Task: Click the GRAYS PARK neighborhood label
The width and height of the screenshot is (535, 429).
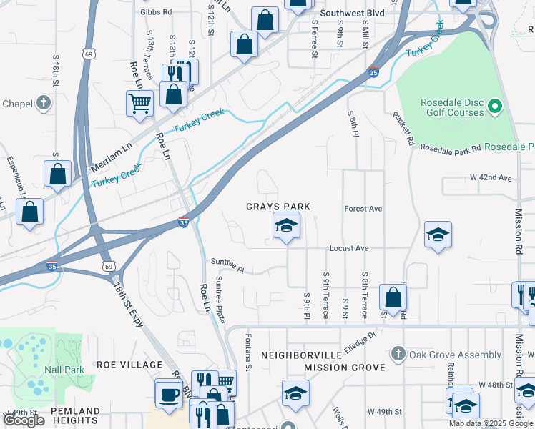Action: pos(278,207)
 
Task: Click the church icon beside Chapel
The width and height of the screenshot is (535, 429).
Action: pos(44,103)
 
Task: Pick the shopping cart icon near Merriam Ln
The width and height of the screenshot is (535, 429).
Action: pos(139,103)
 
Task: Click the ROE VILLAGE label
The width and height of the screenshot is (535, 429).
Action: pos(130,365)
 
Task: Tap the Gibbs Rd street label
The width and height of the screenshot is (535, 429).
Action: pos(157,12)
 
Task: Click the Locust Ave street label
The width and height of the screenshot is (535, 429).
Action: pos(348,248)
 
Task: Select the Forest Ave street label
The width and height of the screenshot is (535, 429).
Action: pos(363,209)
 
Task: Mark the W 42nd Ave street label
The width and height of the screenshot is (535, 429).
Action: pos(491,177)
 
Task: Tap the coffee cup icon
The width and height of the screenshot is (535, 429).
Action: pos(170,394)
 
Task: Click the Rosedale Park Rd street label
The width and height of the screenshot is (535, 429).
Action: pos(450,149)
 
